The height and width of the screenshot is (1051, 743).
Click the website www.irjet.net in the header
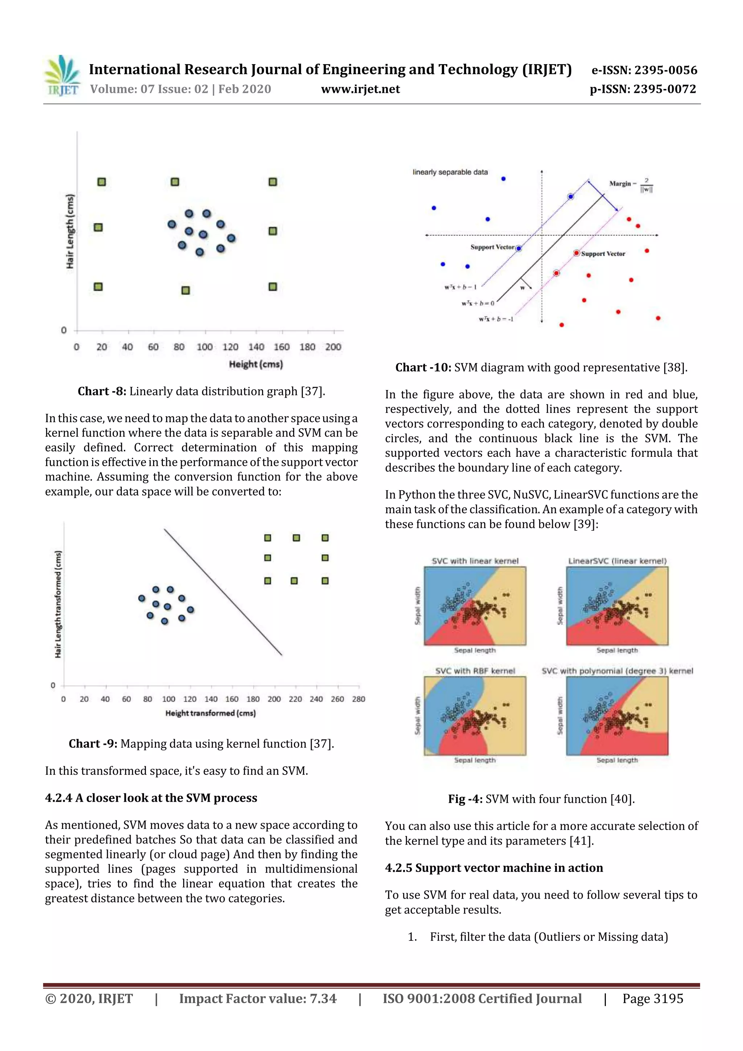(360, 89)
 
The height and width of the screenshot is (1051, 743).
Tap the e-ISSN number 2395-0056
(665, 70)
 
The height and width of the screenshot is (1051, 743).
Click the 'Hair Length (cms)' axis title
(70, 231)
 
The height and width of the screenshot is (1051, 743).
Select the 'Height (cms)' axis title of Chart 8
(256, 364)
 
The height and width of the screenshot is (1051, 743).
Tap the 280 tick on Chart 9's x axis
(358, 699)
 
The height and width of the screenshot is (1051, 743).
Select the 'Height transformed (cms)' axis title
(210, 713)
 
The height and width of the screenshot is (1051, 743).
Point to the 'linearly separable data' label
(450, 172)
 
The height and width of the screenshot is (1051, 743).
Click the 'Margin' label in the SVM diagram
(620, 184)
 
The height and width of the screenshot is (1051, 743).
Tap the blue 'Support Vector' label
(493, 247)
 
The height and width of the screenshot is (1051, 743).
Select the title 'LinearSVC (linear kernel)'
(617, 561)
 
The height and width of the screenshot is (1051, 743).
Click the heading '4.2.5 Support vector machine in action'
(494, 868)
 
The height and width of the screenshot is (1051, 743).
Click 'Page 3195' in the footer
(652, 999)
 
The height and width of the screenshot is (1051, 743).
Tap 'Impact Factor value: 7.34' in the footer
(258, 999)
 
